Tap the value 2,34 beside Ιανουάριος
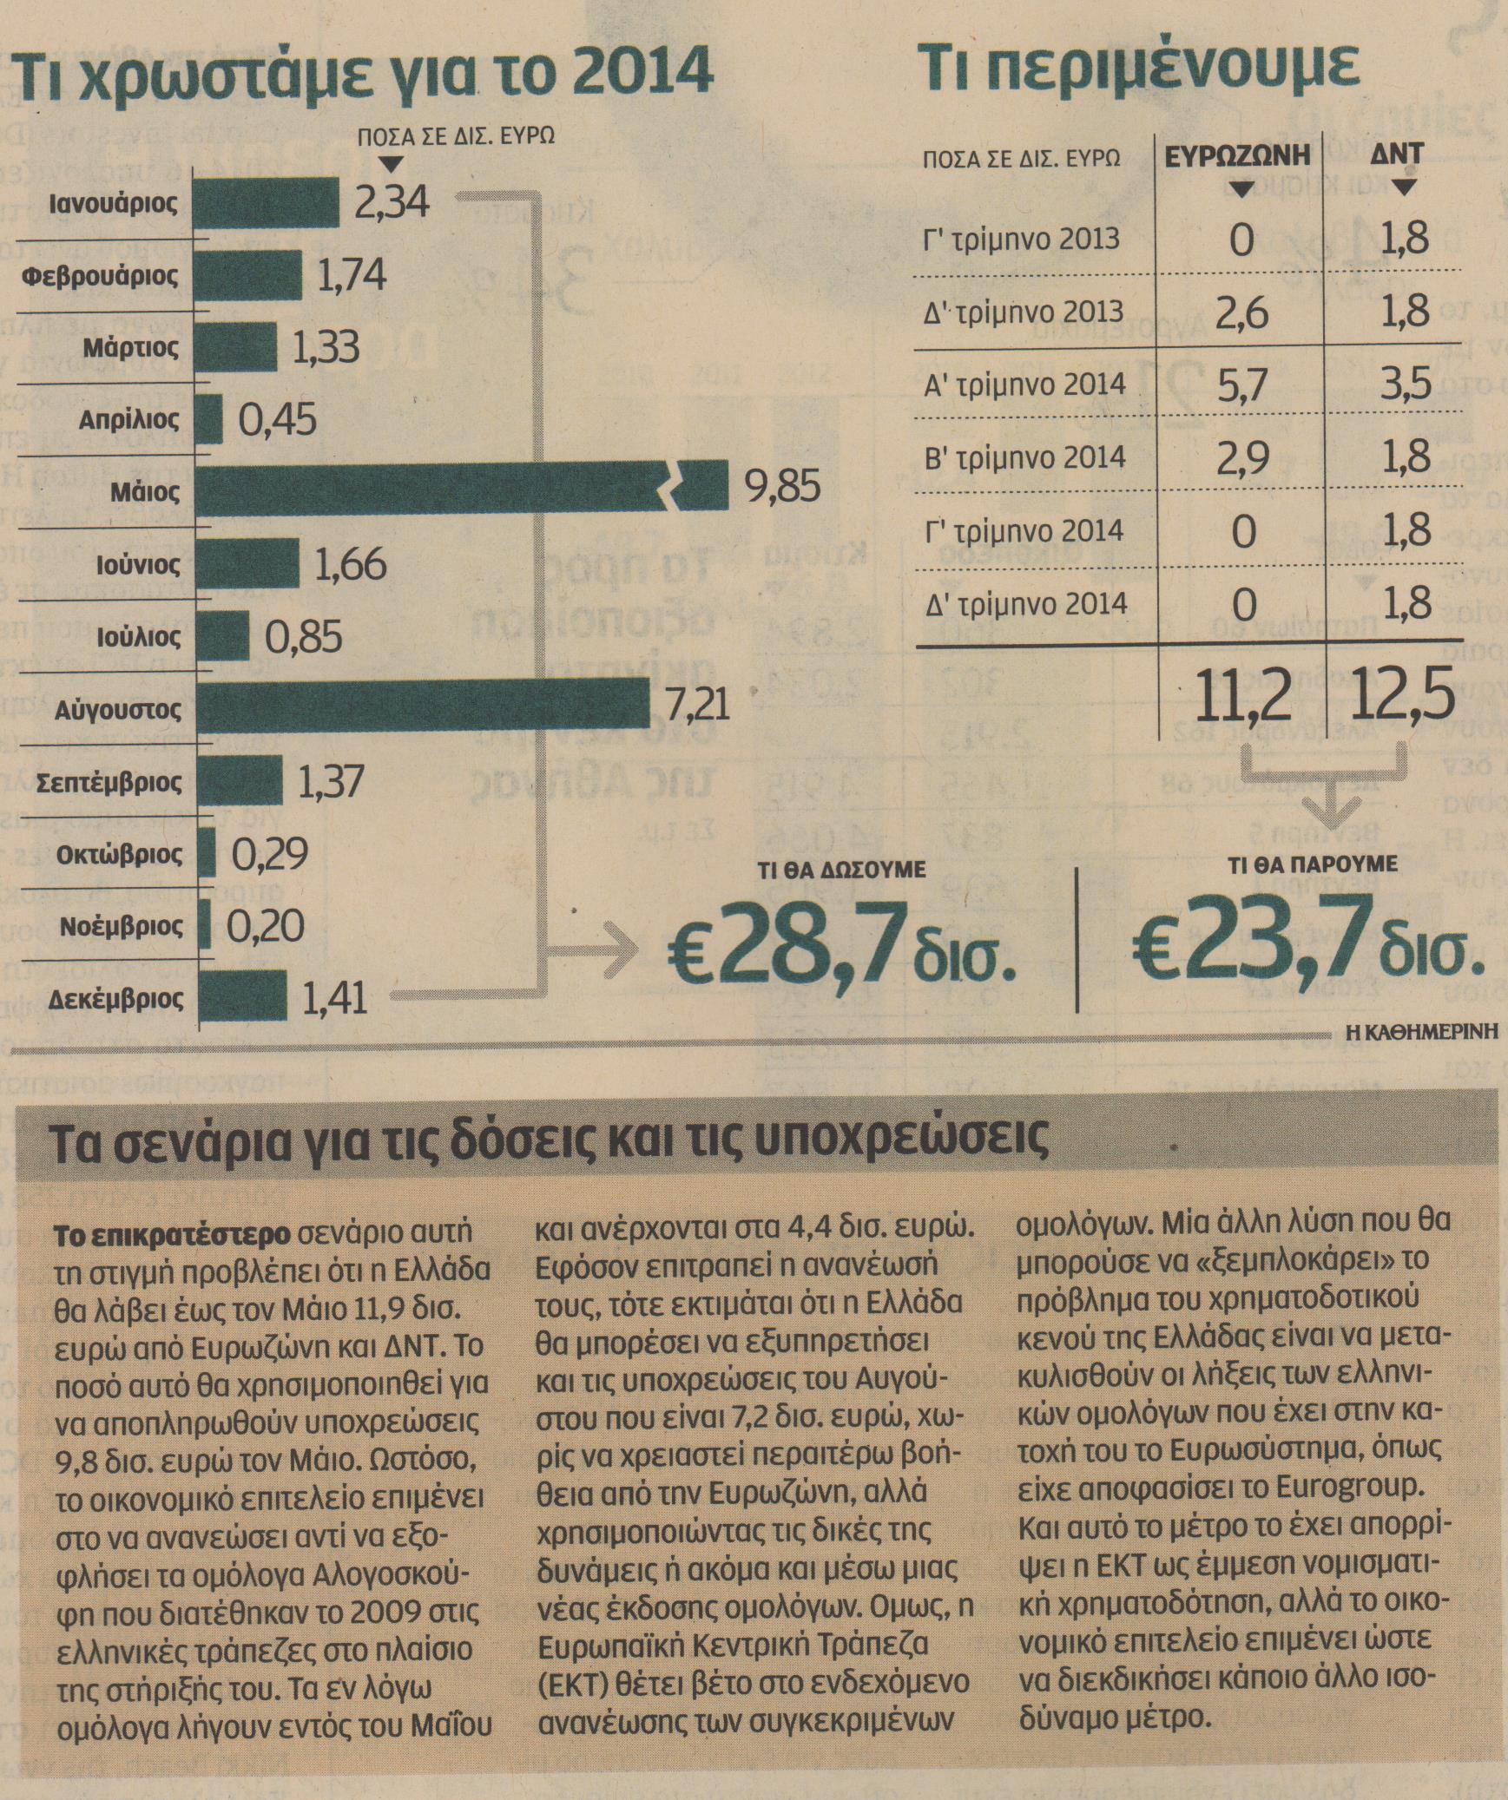point(392,203)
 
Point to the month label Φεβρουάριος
point(101,277)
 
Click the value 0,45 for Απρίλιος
point(278,421)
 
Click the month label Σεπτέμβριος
point(109,783)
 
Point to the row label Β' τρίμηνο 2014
point(1025,457)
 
